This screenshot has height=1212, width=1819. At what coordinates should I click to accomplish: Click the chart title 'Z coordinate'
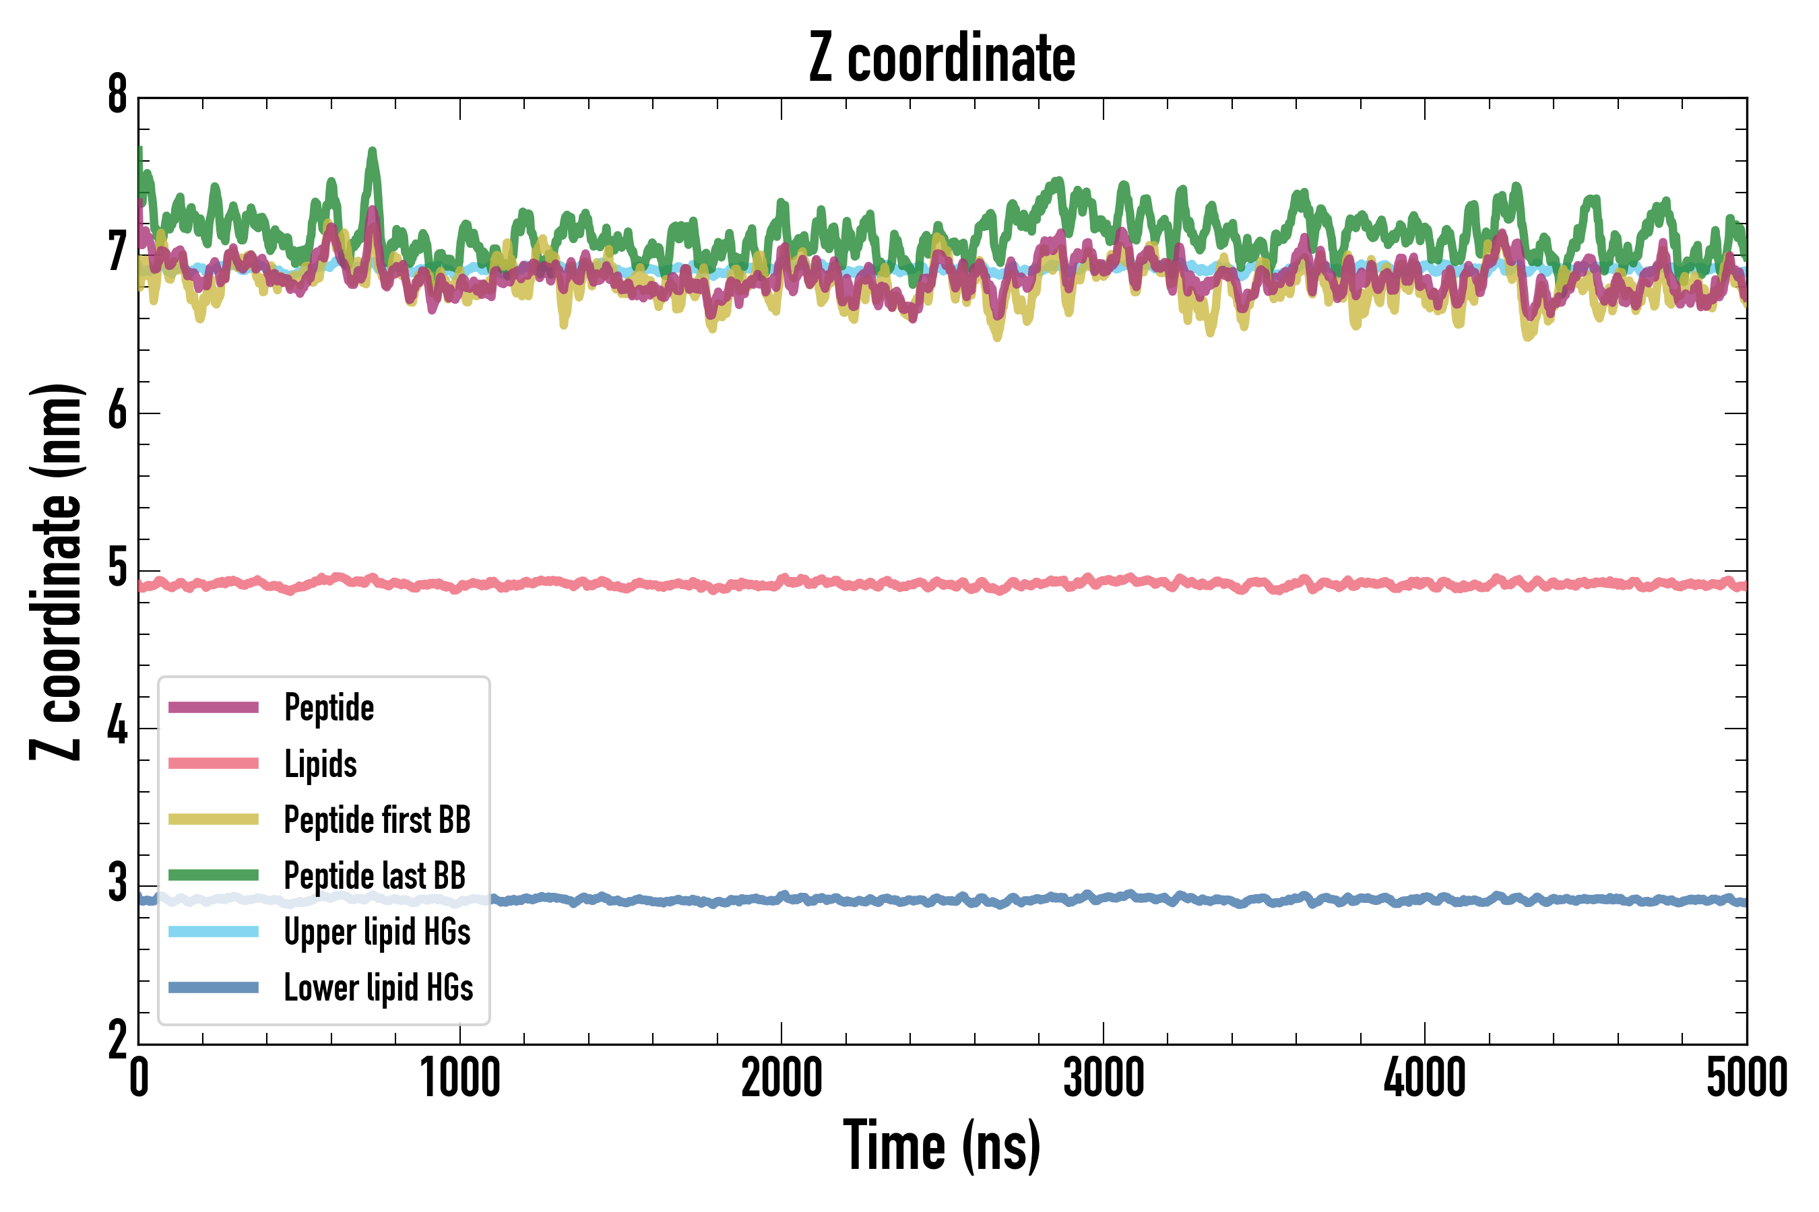pos(941,58)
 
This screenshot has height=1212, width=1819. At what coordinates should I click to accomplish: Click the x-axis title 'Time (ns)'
pos(941,1145)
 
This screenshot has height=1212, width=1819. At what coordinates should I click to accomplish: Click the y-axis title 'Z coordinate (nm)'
pos(56,572)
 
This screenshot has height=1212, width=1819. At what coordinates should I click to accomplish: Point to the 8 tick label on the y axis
pos(117,96)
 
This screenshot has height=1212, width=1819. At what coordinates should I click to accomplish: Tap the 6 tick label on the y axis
pos(117,411)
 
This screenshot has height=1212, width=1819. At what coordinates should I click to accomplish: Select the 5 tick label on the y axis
pos(117,570)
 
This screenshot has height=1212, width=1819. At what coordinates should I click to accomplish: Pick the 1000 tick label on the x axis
pos(460,1077)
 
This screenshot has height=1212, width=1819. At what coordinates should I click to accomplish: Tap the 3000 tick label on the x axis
pos(1104,1077)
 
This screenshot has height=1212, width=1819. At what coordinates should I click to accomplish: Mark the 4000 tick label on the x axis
pos(1425,1077)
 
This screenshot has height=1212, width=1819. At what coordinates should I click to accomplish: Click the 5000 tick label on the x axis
pos(1746,1077)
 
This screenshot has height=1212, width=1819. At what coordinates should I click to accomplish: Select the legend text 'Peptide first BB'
pos(377,819)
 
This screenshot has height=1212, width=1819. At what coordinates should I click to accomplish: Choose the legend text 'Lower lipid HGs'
pos(379,987)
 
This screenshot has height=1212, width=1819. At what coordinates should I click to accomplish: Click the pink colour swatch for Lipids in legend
pos(214,764)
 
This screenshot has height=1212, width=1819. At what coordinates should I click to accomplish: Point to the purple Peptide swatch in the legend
pos(214,707)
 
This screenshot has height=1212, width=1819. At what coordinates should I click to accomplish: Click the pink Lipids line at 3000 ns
pos(1104,581)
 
